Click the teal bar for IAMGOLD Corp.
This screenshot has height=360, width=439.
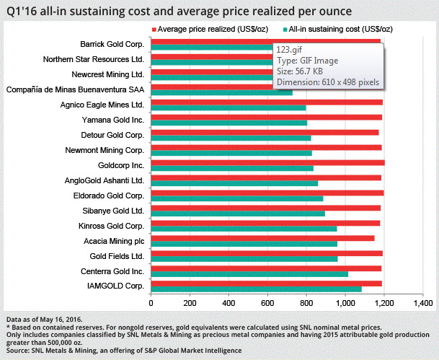(256, 289)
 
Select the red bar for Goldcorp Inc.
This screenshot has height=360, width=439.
(267, 162)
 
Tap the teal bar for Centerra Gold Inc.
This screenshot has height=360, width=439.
(249, 274)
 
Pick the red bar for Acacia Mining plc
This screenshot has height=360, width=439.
(263, 237)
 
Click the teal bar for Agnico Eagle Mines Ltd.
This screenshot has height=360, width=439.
(228, 108)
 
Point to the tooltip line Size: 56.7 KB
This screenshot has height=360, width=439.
(302, 71)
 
